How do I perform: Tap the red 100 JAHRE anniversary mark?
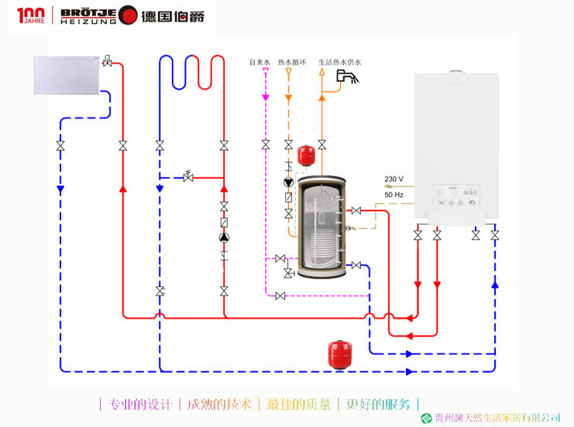[x=31, y=15]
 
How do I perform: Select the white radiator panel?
[x=67, y=75]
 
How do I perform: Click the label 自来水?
[x=260, y=63]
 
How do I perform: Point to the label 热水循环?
[x=292, y=63]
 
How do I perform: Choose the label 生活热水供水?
[x=340, y=63]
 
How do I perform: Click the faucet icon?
[x=345, y=76]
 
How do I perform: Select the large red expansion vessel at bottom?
[x=336, y=353]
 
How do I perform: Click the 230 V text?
[x=394, y=179]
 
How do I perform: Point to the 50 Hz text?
[x=394, y=195]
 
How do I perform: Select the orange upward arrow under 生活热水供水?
[x=322, y=98]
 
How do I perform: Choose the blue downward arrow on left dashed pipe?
[x=60, y=190]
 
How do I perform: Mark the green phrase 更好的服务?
[x=378, y=404]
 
